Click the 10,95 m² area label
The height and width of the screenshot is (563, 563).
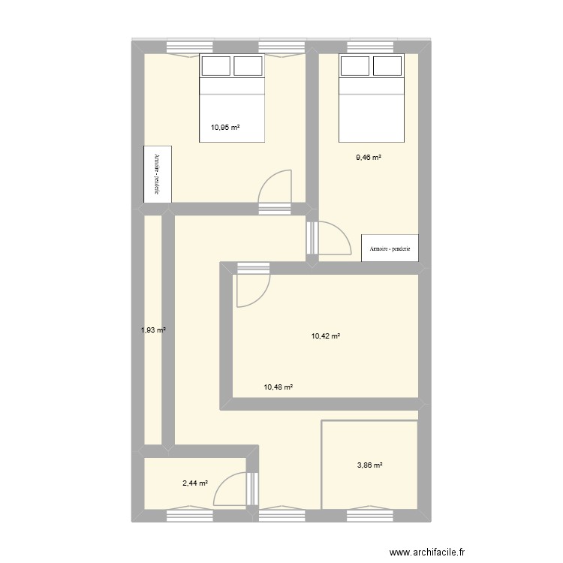pos(225,128)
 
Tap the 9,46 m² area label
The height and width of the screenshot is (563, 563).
pos(369,158)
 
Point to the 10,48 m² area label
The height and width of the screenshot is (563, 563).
pos(278,387)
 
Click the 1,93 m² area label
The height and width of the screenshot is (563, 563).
pos(153,330)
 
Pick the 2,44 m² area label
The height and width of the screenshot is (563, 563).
pos(195,483)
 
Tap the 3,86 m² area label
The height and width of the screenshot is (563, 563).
pos(369,465)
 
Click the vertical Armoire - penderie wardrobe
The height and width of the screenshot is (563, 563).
pos(158,174)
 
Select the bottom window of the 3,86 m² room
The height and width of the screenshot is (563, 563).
pos(369,514)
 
